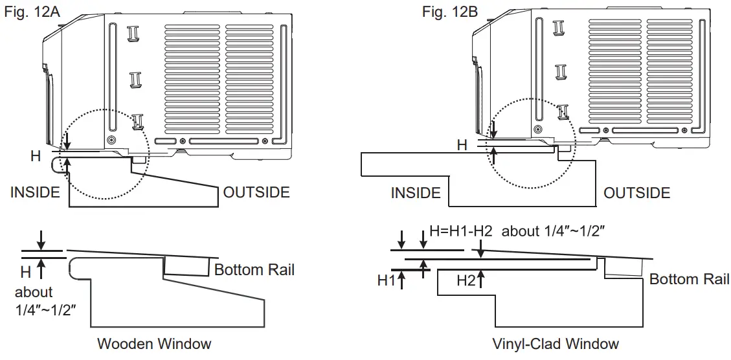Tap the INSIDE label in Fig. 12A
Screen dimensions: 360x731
click(35, 192)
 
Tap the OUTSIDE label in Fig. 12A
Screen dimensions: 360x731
click(256, 192)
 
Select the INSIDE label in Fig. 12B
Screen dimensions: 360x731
click(416, 192)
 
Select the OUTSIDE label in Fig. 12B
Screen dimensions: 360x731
click(637, 192)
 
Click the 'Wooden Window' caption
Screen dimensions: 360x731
click(154, 343)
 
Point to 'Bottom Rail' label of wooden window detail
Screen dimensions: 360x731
click(254, 269)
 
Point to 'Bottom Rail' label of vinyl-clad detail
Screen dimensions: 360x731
click(690, 279)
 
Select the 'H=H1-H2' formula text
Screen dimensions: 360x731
click(462, 231)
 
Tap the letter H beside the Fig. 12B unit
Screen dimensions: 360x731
click(462, 145)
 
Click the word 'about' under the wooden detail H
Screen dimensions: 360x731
click(34, 293)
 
